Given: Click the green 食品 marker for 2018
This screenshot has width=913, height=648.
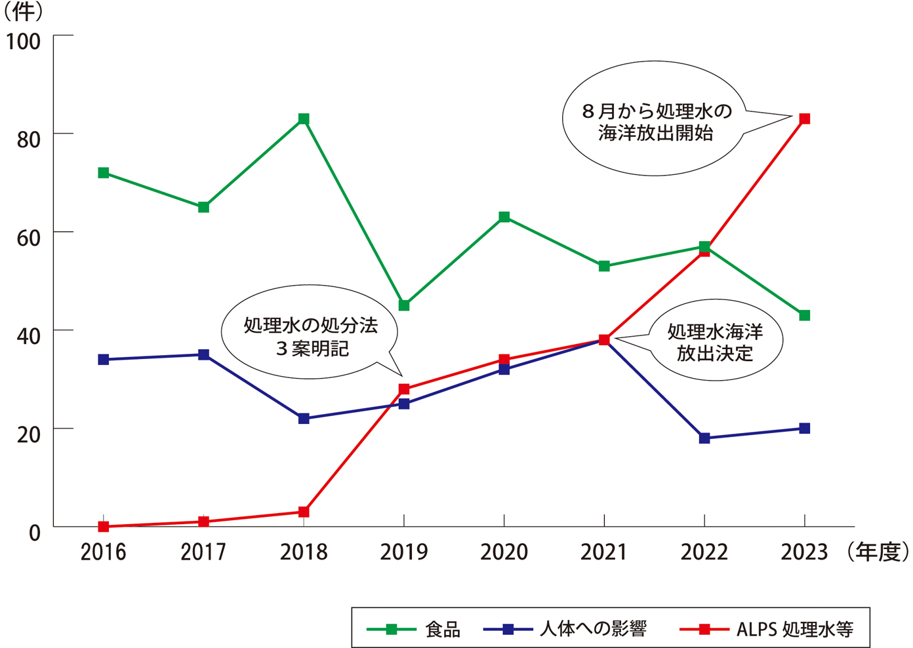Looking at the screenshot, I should pos(304,119).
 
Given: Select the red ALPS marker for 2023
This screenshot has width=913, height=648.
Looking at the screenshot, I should pos(805,119).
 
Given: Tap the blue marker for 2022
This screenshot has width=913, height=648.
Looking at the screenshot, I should pos(704,438).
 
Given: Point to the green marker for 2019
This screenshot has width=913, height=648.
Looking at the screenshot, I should pos(404,305).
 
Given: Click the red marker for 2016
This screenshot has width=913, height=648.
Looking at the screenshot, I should pos(104,526).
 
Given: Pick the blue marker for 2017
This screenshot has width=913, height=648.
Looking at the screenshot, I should pos(203,354).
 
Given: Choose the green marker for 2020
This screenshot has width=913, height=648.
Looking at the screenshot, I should pos(504,217).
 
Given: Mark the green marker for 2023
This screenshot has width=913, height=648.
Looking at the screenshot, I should pos(805,315).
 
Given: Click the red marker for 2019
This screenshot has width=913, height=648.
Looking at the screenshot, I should pos(404,389).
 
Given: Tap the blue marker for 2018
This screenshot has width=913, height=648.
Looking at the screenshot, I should pos(304,419).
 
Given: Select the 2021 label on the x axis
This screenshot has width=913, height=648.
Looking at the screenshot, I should pos(604,552).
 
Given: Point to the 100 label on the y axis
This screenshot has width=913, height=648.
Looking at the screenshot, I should pos(24,41).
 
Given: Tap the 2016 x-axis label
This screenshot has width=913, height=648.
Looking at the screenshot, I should pos(104,552).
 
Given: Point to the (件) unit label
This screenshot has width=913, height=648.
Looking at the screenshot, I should pos(24,12).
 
